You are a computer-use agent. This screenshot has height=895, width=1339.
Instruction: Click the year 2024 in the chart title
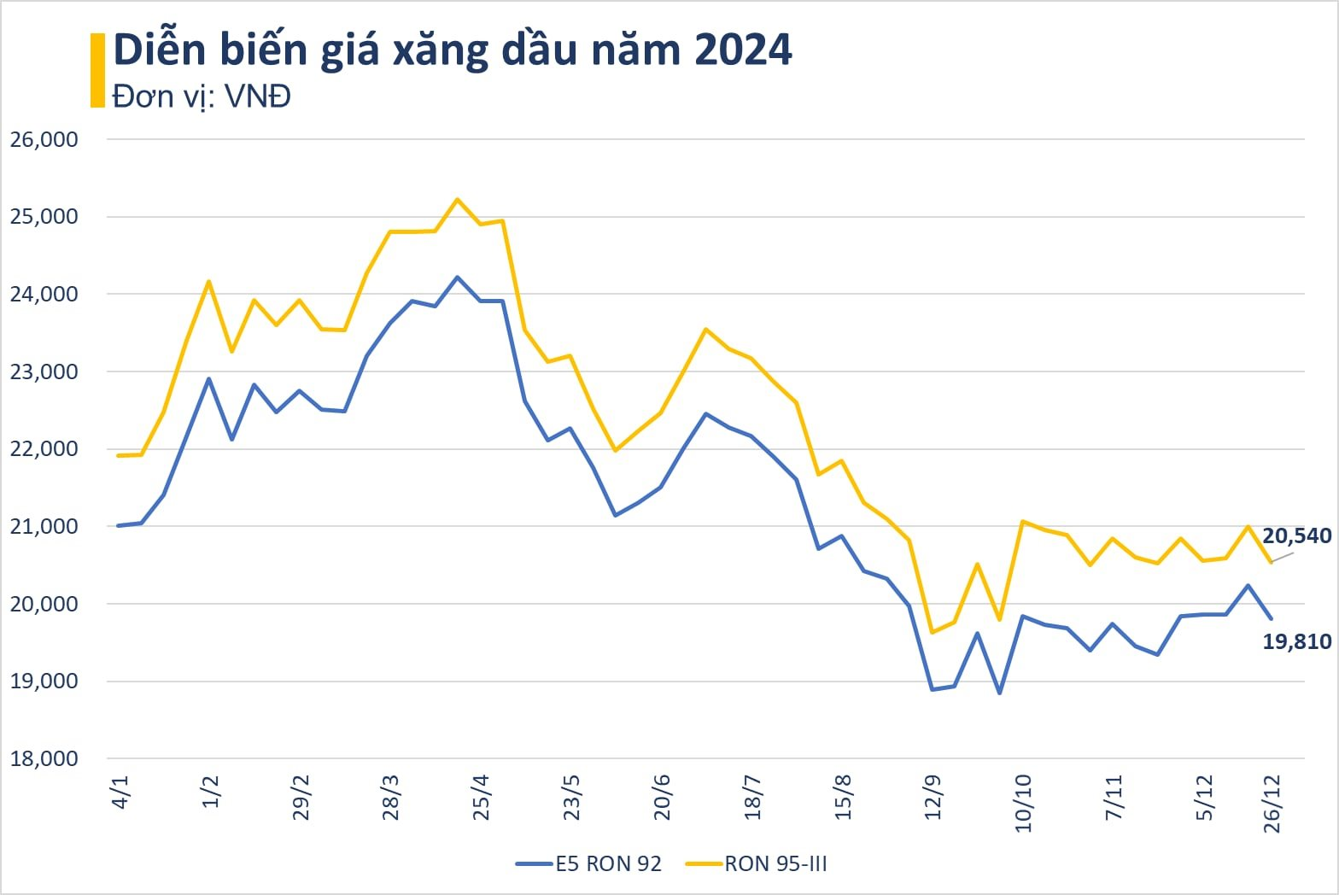[x=742, y=50]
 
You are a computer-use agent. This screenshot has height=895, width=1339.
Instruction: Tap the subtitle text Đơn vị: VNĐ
[x=202, y=96]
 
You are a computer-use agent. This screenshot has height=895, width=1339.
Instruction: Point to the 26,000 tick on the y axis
[x=44, y=139]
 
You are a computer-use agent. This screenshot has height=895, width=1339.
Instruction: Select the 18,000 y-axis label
[x=44, y=758]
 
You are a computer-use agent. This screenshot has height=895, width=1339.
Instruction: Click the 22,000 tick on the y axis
[x=44, y=448]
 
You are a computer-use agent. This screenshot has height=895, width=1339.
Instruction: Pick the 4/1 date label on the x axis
[x=120, y=791]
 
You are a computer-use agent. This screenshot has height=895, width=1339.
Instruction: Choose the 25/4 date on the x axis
[x=482, y=797]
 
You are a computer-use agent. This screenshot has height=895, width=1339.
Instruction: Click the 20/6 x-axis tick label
[x=663, y=797]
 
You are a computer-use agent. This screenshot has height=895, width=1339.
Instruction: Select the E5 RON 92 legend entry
[x=589, y=864]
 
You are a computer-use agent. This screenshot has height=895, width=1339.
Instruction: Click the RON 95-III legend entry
[x=757, y=864]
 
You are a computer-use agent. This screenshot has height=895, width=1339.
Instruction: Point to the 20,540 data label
[x=1296, y=535]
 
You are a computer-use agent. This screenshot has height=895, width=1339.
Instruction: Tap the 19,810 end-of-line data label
[x=1296, y=641]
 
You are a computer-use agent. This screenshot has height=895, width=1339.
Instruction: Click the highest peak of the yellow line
[x=457, y=199]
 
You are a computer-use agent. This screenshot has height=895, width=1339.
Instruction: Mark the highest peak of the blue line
[x=457, y=277]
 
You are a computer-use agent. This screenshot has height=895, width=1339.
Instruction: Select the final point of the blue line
[x=1272, y=618]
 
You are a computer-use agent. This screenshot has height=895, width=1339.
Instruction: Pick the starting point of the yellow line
[x=119, y=455]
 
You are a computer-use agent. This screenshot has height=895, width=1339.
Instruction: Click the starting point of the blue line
[x=119, y=525]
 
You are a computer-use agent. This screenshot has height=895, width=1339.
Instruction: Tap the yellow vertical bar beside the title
[x=97, y=70]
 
